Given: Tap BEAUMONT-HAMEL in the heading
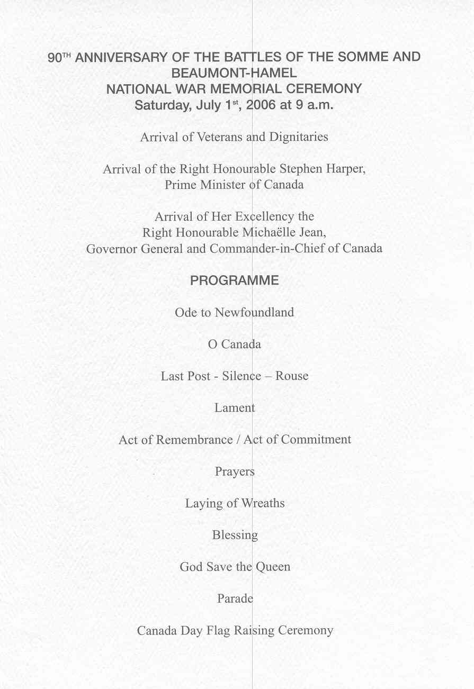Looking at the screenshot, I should pyautogui.click(x=234, y=73).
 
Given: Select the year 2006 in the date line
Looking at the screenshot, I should pyautogui.click(x=262, y=105).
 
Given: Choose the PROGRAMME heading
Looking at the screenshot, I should pyautogui.click(x=234, y=280).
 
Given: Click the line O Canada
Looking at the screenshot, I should pyautogui.click(x=235, y=344).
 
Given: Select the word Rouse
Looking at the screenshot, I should pyautogui.click(x=292, y=376).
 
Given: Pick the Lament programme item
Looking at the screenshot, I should pyautogui.click(x=235, y=408).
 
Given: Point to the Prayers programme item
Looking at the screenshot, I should pyautogui.click(x=235, y=472).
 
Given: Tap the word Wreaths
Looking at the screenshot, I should pyautogui.click(x=263, y=503).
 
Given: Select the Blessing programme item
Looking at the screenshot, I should pyautogui.click(x=235, y=535).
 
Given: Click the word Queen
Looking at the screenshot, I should pyautogui.click(x=273, y=567).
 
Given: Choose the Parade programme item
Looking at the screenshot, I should pyautogui.click(x=235, y=599).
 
